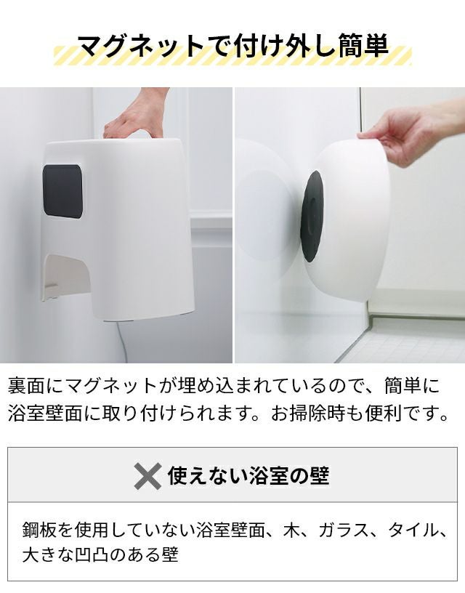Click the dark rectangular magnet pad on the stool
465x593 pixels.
point(62,191)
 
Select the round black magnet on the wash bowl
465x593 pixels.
point(312,216)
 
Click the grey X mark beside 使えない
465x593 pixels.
point(147,476)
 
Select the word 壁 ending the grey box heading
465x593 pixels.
point(320,475)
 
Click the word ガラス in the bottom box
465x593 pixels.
point(343,531)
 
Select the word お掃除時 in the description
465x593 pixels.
point(314,414)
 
